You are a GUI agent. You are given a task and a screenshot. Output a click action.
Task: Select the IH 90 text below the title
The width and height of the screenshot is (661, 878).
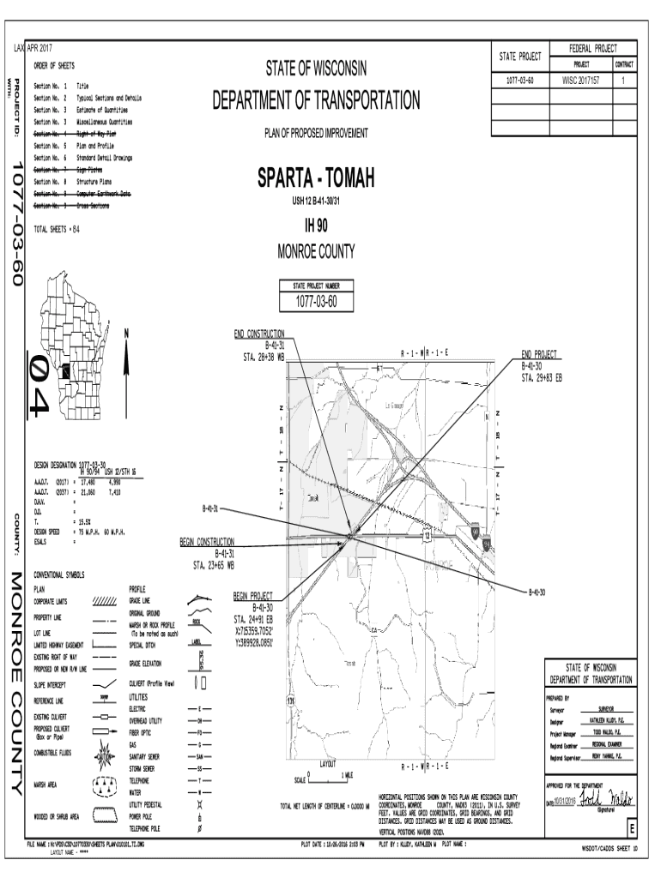pyautogui.click(x=317, y=226)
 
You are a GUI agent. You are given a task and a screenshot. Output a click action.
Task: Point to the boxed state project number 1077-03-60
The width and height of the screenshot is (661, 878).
pyautogui.click(x=317, y=301)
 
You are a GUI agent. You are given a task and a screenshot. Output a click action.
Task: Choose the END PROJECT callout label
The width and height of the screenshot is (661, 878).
pyautogui.click(x=539, y=353)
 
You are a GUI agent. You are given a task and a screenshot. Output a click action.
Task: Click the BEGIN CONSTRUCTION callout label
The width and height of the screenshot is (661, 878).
pyautogui.click(x=207, y=543)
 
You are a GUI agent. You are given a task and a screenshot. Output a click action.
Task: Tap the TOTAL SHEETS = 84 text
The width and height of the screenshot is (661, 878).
pyautogui.click(x=56, y=230)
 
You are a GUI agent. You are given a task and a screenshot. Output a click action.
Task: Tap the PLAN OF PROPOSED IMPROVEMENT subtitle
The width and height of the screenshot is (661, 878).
pyautogui.click(x=316, y=133)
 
